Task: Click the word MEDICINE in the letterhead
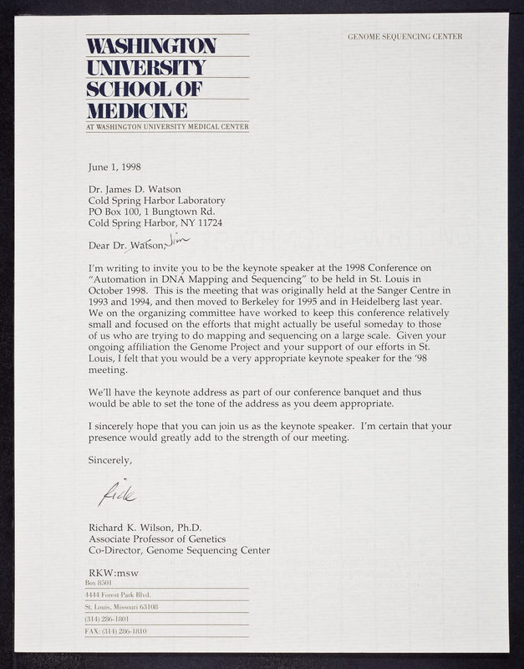coord(136,110)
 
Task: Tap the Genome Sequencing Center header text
coord(404,37)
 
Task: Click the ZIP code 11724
coord(208,223)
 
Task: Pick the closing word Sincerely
coord(110,459)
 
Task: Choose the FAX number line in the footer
coord(116,631)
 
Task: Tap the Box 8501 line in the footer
coord(99,582)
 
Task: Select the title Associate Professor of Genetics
coord(156,539)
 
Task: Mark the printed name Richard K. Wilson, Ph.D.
coord(148,527)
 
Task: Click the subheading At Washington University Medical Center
coord(165,127)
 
